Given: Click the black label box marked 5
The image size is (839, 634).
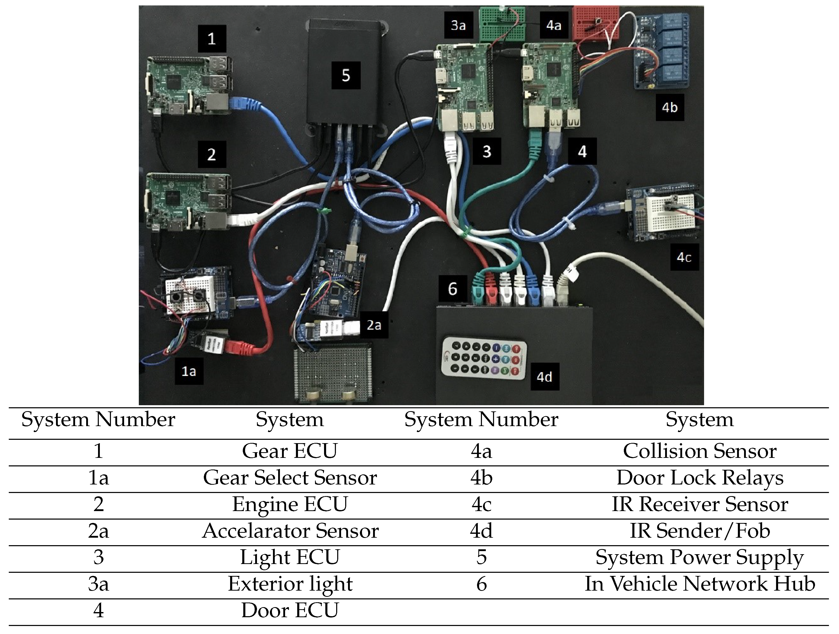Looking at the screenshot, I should coord(345,76).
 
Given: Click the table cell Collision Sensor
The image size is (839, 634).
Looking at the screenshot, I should coord(699,451).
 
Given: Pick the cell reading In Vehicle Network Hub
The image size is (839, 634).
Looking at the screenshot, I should coord(699,584).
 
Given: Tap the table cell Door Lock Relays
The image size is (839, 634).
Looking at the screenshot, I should coord(699,478).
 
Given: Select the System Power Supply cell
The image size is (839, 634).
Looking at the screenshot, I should coord(699,557).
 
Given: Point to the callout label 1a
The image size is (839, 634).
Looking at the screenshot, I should coord(189,371).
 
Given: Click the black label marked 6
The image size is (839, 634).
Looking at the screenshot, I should coord(453,289).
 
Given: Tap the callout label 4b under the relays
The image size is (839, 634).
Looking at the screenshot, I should coord(669,107).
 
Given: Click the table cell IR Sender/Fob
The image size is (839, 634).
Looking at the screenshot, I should coord(699,531).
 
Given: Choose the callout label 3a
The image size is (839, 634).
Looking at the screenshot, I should coord(458,25).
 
